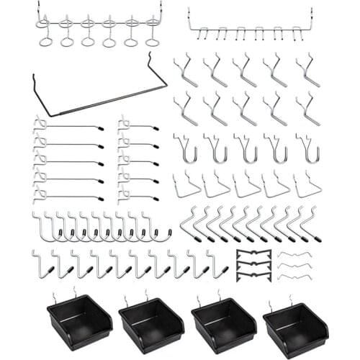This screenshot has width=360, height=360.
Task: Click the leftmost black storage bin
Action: (78, 321)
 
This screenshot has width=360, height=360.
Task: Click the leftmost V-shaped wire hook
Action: (186, 186)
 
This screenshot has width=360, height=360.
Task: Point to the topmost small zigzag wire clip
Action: (293, 255)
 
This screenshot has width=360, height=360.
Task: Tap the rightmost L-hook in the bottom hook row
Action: (216, 265)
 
